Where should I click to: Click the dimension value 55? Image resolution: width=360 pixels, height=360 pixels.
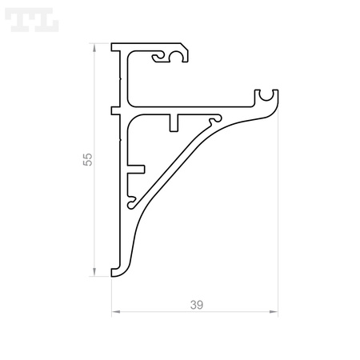pyautogui.click(x=87, y=159)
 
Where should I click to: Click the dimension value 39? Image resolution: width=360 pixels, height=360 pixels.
pyautogui.click(x=197, y=305)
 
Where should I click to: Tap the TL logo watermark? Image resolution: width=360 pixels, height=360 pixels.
pyautogui.click(x=32, y=20)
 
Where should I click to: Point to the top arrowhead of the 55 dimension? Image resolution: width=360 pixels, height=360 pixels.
pyautogui.click(x=94, y=48)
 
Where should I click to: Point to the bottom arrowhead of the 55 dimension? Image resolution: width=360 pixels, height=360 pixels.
pyautogui.click(x=94, y=272)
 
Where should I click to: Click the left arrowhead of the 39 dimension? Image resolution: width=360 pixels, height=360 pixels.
pyautogui.click(x=116, y=311)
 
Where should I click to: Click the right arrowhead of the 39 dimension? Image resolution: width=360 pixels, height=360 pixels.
pyautogui.click(x=274, y=311)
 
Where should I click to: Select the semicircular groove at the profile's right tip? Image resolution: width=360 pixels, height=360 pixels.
pyautogui.click(x=266, y=96)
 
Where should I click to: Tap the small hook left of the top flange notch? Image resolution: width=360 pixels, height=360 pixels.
pyautogui.click(x=158, y=58)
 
